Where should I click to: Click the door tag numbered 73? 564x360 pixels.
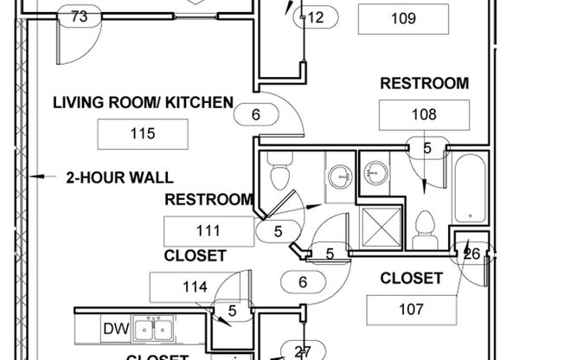pyautogui.click(x=79, y=16)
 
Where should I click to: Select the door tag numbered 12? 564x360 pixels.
pyautogui.click(x=314, y=17)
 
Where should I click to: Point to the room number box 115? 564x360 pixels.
pyautogui.click(x=143, y=133)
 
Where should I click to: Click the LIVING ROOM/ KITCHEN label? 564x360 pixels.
pyautogui.click(x=143, y=103)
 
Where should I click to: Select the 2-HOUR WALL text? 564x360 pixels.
pyautogui.click(x=119, y=178)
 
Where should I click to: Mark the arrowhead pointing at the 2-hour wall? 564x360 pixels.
pyautogui.click(x=34, y=178)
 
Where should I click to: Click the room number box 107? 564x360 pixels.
pyautogui.click(x=412, y=309)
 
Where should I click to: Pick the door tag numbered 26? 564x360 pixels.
pyautogui.click(x=471, y=254)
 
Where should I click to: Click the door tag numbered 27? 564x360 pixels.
pyautogui.click(x=302, y=352)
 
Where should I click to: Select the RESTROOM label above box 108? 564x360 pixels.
pyautogui.click(x=424, y=84)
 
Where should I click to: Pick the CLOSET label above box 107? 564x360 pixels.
pyautogui.click(x=412, y=279)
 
